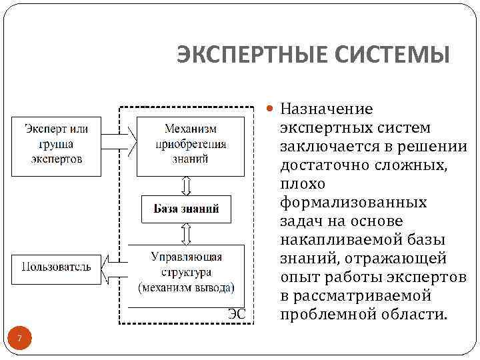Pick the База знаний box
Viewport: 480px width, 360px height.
pyautogui.click(x=187, y=209)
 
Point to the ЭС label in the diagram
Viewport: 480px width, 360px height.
pyautogui.click(x=237, y=312)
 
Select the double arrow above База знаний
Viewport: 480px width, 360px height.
pyautogui.click(x=187, y=185)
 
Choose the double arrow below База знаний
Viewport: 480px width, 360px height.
pyautogui.click(x=187, y=233)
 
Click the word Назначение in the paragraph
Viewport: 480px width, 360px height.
pyautogui.click(x=327, y=109)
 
